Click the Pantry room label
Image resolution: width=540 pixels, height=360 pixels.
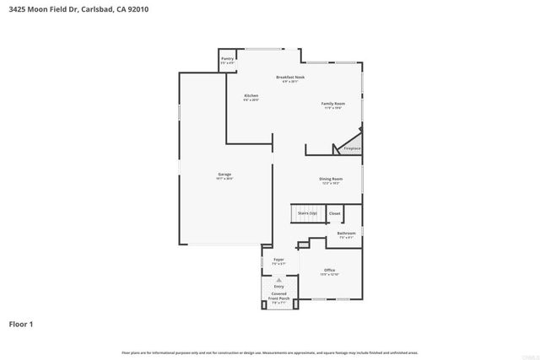coord(227,58)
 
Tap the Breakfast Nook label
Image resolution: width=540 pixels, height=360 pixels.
coord(290,77)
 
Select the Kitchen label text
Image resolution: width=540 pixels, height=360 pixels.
coord(251,96)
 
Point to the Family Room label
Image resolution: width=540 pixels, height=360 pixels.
coord(332,104)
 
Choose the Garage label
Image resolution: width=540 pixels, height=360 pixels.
coord(224,175)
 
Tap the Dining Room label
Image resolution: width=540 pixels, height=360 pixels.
coord(330,179)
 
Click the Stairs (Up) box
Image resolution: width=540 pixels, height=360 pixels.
coord(307,214)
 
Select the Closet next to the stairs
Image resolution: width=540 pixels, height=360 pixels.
coord(334,214)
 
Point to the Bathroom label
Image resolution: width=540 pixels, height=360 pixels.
coord(346,233)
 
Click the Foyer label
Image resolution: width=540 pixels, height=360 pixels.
coord(278,260)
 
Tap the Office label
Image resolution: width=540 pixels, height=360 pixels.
coord(329,270)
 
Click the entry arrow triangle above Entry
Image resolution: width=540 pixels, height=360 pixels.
coord(279,280)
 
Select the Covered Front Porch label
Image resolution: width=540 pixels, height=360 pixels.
coord(278,296)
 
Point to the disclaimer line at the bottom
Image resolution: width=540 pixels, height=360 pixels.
coord(269,352)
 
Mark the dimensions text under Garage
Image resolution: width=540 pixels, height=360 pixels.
coord(224,179)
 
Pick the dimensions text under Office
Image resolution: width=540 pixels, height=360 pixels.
coord(329,275)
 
